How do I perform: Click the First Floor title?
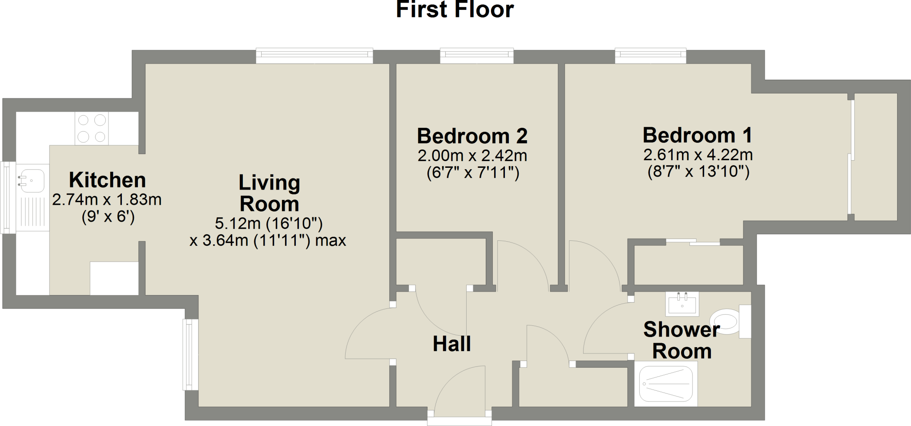click(455, 10)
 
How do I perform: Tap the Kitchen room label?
click(107, 180)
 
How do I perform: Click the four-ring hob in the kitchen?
click(92, 128)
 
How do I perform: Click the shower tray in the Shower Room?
click(666, 384)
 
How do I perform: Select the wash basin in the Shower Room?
click(682, 304)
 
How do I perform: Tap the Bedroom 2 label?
click(472, 136)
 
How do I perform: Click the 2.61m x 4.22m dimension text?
click(698, 155)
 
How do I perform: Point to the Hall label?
click(451, 344)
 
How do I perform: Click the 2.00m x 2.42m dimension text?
click(472, 156)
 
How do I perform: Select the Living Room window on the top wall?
click(314, 55)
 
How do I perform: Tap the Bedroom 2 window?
click(476, 55)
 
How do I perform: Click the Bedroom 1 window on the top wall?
click(650, 55)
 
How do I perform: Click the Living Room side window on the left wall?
click(191, 354)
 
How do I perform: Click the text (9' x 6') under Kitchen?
click(108, 217)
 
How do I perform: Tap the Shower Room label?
click(681, 341)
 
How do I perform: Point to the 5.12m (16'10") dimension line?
click(269, 223)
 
